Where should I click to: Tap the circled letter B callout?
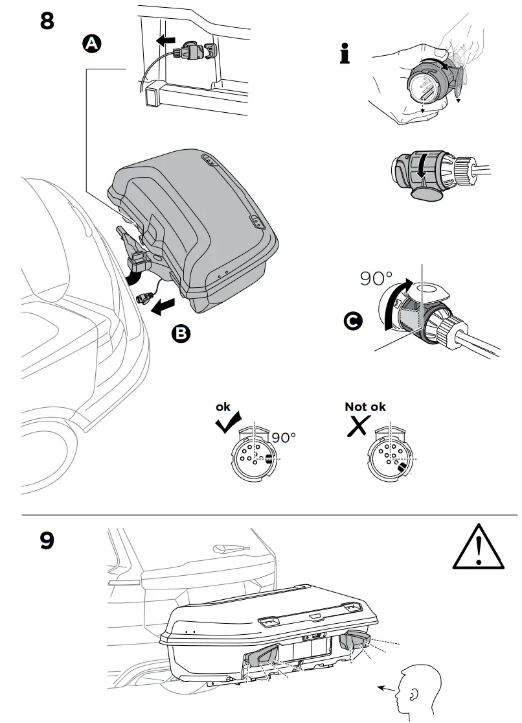[x=181, y=333]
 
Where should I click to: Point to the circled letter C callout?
[x=354, y=321]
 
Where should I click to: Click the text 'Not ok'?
[x=365, y=407]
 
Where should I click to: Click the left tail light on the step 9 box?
[x=263, y=656]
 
